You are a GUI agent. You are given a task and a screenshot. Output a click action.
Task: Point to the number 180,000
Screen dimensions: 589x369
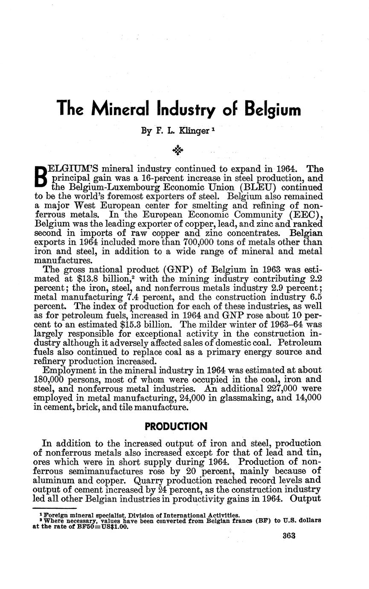pos(49,379)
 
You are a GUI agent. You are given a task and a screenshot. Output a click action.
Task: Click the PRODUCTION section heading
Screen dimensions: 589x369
pos(176,426)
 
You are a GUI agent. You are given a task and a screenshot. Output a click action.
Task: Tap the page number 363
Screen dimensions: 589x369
pos(289,536)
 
